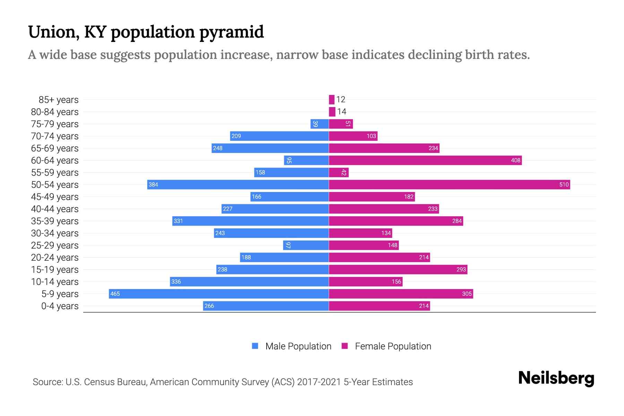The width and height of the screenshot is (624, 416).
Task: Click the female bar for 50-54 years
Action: click(x=449, y=184)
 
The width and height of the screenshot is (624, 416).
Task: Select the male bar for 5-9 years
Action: click(x=218, y=294)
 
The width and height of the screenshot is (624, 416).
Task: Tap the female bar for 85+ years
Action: click(x=332, y=99)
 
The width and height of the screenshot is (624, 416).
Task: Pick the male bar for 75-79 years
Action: click(x=320, y=124)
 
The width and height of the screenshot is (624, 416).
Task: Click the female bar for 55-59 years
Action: click(x=339, y=172)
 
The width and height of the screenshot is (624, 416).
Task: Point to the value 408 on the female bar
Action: click(x=515, y=160)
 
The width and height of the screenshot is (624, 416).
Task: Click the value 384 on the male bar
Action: click(x=153, y=184)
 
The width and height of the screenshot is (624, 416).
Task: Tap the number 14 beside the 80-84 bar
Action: click(x=342, y=112)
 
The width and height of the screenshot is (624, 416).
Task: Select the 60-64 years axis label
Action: click(x=55, y=161)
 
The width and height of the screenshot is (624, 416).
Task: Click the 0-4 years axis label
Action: click(x=60, y=306)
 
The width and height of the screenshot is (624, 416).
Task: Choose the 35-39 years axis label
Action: click(x=55, y=221)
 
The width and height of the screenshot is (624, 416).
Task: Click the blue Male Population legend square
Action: click(x=255, y=346)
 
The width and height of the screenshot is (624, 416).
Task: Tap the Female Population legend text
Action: click(x=393, y=346)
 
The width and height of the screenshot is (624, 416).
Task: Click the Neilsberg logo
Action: click(x=556, y=378)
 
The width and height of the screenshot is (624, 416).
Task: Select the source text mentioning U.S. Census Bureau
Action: click(x=223, y=382)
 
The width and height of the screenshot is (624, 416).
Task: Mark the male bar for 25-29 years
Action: click(x=306, y=245)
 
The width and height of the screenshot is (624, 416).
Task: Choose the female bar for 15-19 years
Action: click(x=398, y=269)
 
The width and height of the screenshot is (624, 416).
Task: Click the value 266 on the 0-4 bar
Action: click(x=209, y=306)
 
